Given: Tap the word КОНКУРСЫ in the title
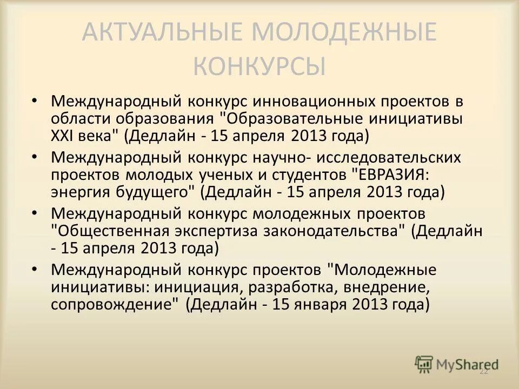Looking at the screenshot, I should [x=259, y=67].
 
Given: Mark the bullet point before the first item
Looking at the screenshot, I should [x=35, y=100].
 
